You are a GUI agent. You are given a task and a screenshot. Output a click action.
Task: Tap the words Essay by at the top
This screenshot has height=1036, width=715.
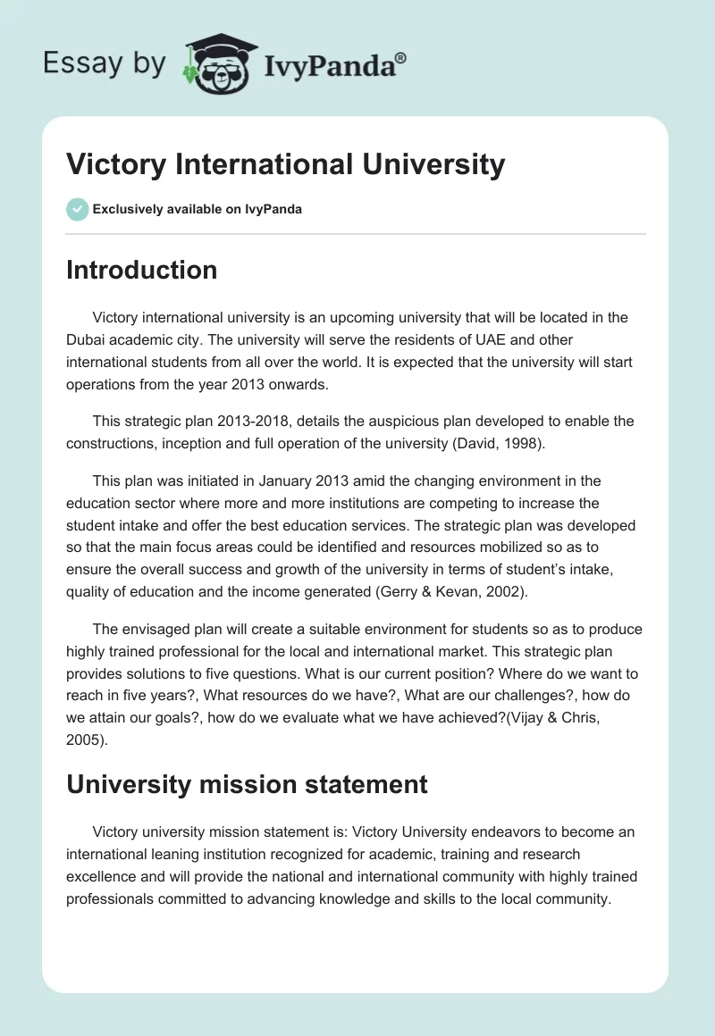click(105, 64)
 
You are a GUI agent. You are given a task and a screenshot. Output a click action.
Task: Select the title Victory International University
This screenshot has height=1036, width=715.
click(286, 164)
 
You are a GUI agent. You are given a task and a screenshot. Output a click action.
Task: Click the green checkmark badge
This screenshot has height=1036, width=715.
click(77, 209)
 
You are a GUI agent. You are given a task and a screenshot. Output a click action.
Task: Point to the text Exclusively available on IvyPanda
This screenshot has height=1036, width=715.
click(197, 210)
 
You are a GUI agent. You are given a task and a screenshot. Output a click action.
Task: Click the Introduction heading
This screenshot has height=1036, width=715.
click(141, 270)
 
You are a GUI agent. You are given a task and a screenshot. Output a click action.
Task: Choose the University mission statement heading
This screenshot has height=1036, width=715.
click(247, 784)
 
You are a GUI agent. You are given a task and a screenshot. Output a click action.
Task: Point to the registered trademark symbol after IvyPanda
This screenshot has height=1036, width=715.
click(400, 58)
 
